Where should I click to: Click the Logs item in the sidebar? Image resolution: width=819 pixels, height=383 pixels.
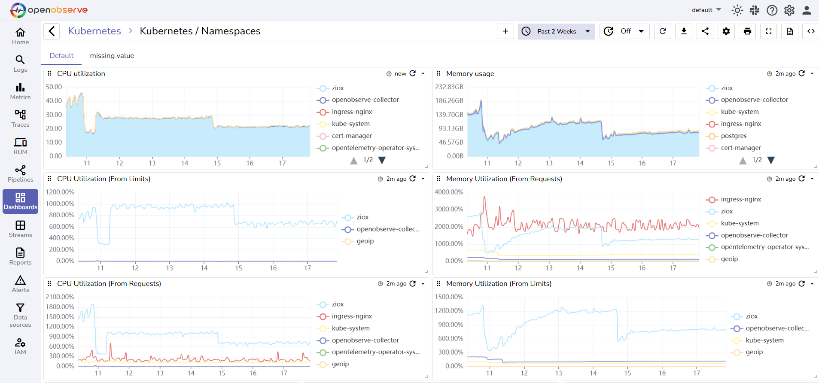pos(20,64)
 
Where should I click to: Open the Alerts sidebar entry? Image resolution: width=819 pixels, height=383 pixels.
pos(20,284)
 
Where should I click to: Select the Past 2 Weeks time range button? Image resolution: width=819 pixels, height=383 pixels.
pos(556,31)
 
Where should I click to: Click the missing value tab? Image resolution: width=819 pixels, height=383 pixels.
pos(112,56)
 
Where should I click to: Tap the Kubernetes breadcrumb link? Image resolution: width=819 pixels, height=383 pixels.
pos(94,31)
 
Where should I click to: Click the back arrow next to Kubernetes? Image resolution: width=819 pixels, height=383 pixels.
pos(52,31)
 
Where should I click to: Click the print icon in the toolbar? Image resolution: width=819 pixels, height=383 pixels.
pos(747,31)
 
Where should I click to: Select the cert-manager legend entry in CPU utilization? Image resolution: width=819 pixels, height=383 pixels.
pos(351,136)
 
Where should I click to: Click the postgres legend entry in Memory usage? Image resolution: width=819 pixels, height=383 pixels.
pos(733,136)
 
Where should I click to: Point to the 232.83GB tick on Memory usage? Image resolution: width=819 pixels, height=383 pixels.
pos(449,87)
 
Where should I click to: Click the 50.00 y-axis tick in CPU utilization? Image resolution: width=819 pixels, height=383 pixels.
pos(54,87)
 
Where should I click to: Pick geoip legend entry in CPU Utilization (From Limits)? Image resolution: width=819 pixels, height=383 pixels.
pos(365,241)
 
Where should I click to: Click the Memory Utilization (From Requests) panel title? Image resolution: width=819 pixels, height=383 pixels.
pos(504,179)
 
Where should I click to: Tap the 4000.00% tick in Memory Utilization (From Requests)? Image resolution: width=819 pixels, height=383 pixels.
pos(449,192)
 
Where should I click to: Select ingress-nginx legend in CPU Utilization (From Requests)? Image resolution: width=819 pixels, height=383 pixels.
pos(351,316)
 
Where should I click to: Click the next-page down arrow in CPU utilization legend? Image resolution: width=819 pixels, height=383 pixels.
pos(382,160)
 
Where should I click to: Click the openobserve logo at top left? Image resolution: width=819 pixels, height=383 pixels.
pos(49,10)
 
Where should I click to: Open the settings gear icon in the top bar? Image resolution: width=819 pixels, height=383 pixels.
pos(789,10)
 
